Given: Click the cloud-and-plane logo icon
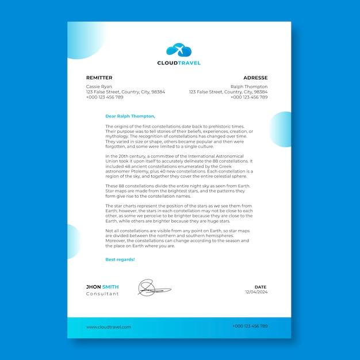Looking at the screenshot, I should pyautogui.click(x=179, y=50).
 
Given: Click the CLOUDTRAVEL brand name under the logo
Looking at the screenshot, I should pyautogui.click(x=179, y=63).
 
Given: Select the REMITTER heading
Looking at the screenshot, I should pyautogui.click(x=99, y=78).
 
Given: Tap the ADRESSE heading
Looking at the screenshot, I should pyautogui.click(x=255, y=78).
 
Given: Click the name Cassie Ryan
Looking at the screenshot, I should pyautogui.click(x=99, y=87).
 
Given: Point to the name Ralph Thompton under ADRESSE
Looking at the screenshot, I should pyautogui.click(x=249, y=87).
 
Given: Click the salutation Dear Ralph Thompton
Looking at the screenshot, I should pyautogui.click(x=130, y=116).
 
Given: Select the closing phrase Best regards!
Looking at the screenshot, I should pyautogui.click(x=120, y=259).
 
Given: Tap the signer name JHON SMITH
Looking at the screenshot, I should pyautogui.click(x=102, y=286).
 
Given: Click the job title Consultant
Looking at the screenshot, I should pyautogui.click(x=102, y=294).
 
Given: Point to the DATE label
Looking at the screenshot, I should pyautogui.click(x=261, y=286).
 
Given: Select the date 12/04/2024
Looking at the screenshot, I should pyautogui.click(x=256, y=292).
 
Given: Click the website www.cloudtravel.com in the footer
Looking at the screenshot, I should pyautogui.click(x=109, y=327).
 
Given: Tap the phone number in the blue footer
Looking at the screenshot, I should pyautogui.click(x=250, y=326).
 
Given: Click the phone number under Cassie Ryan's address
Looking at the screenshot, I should pyautogui.click(x=105, y=97).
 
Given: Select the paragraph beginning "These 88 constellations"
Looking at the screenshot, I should pyautogui.click(x=178, y=190).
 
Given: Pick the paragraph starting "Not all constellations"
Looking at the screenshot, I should pyautogui.click(x=178, y=238).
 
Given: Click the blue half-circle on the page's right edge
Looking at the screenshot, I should pyautogui.click(x=282, y=129).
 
